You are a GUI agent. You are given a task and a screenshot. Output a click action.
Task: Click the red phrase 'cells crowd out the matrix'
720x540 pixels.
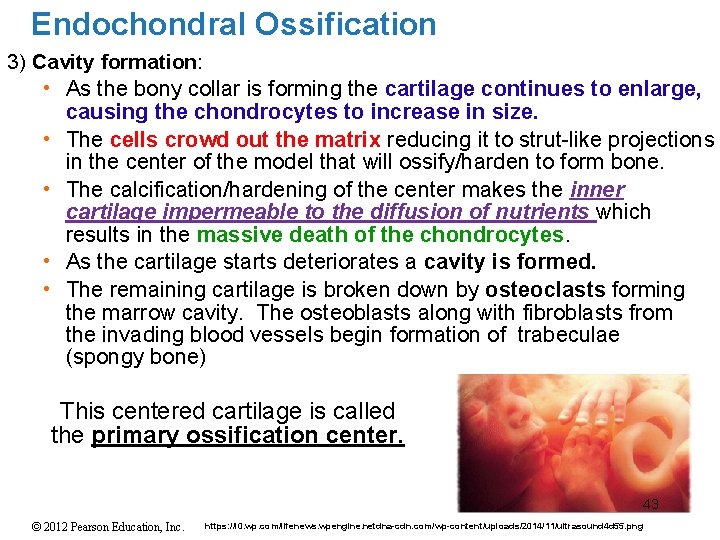[246, 139]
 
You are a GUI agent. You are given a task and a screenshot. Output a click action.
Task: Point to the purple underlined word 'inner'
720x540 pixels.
[598, 189]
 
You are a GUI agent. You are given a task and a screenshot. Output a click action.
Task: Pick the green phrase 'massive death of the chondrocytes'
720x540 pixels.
[381, 235]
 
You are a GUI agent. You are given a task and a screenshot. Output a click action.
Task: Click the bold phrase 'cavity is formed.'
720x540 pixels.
[510, 262]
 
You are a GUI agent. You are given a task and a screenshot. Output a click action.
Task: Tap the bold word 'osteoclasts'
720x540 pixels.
[546, 290]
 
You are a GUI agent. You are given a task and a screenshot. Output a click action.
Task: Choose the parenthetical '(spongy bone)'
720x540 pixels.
[135, 357]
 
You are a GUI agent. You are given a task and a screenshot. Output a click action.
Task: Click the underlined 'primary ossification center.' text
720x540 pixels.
[248, 436]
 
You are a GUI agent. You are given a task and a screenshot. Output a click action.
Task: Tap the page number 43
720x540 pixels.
[651, 504]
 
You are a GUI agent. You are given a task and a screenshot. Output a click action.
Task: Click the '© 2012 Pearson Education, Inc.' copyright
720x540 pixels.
[93, 526]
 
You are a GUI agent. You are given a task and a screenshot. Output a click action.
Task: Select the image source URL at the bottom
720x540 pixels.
[423, 526]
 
